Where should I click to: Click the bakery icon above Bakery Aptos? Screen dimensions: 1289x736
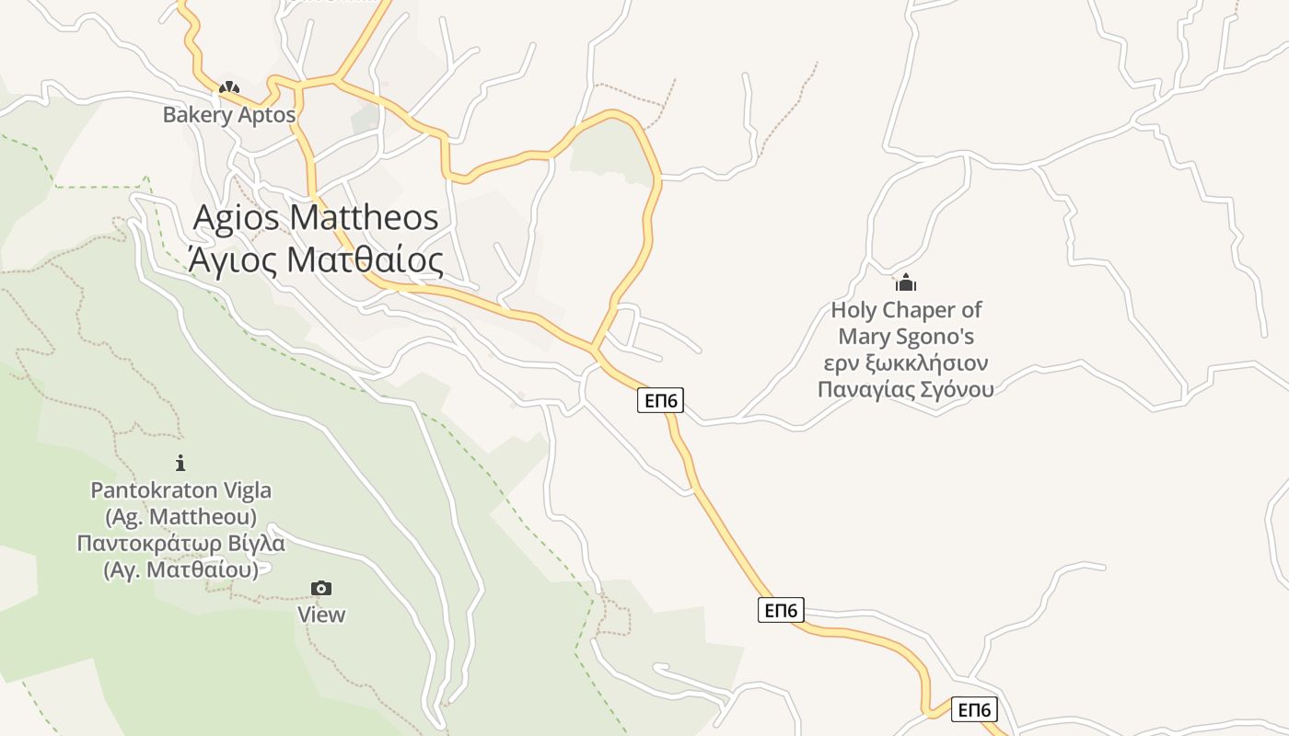point(228,88)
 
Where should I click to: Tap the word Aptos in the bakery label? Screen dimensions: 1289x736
point(267,115)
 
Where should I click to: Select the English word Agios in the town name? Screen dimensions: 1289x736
point(237,217)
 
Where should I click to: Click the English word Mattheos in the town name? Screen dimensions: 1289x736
point(364,217)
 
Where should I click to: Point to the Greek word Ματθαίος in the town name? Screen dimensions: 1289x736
point(365,260)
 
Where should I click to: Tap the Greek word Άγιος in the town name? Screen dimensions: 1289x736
point(232,260)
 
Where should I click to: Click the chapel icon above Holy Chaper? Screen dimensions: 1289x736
point(906,282)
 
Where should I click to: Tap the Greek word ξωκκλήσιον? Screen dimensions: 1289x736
point(928,362)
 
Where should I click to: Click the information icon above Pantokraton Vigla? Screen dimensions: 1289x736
point(180,463)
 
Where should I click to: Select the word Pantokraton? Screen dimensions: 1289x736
point(152,490)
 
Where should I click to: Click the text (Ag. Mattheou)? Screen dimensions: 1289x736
point(181,516)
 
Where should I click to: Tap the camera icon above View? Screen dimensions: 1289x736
point(321,588)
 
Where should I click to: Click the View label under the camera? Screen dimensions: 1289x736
point(321,615)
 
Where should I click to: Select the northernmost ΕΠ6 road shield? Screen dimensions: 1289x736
point(660,400)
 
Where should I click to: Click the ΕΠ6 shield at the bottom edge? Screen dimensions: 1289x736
point(973,709)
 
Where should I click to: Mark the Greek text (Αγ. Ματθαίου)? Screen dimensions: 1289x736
point(181,569)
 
